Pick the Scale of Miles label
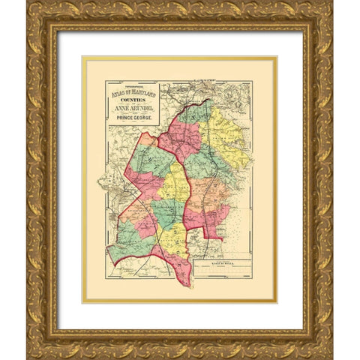[x=222, y=266]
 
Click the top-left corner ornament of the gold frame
[x=37, y=13]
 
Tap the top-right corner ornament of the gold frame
[x=322, y=13]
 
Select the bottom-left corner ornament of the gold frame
[x=37, y=347]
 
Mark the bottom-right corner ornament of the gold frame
[x=322, y=347]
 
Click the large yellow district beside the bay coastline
[x=223, y=131]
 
